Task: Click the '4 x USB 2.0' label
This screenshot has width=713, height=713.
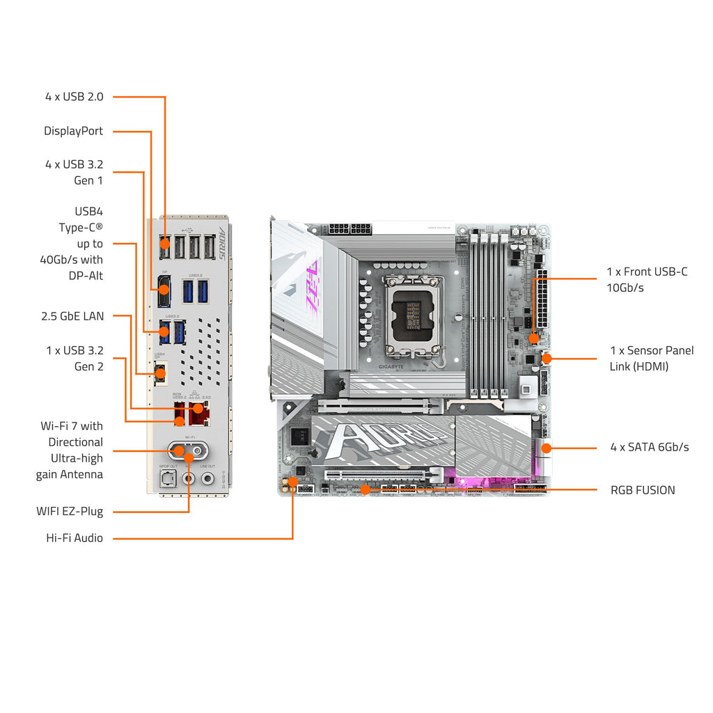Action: pos(74,97)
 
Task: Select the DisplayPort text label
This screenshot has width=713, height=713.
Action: pos(73,131)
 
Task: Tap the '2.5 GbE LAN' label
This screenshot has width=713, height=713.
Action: pos(72,316)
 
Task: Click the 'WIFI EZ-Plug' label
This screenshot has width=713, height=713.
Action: pos(70,511)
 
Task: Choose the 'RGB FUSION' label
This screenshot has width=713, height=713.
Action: pos(642,490)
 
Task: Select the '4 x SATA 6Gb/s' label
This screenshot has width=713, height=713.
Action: pos(649,447)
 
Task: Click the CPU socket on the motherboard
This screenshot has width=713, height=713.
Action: pos(410,313)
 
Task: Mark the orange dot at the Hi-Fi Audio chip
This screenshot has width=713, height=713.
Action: pos(293,481)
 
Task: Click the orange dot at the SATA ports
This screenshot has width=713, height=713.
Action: pos(546,448)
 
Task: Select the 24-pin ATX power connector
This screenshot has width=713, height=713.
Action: pos(541,304)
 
